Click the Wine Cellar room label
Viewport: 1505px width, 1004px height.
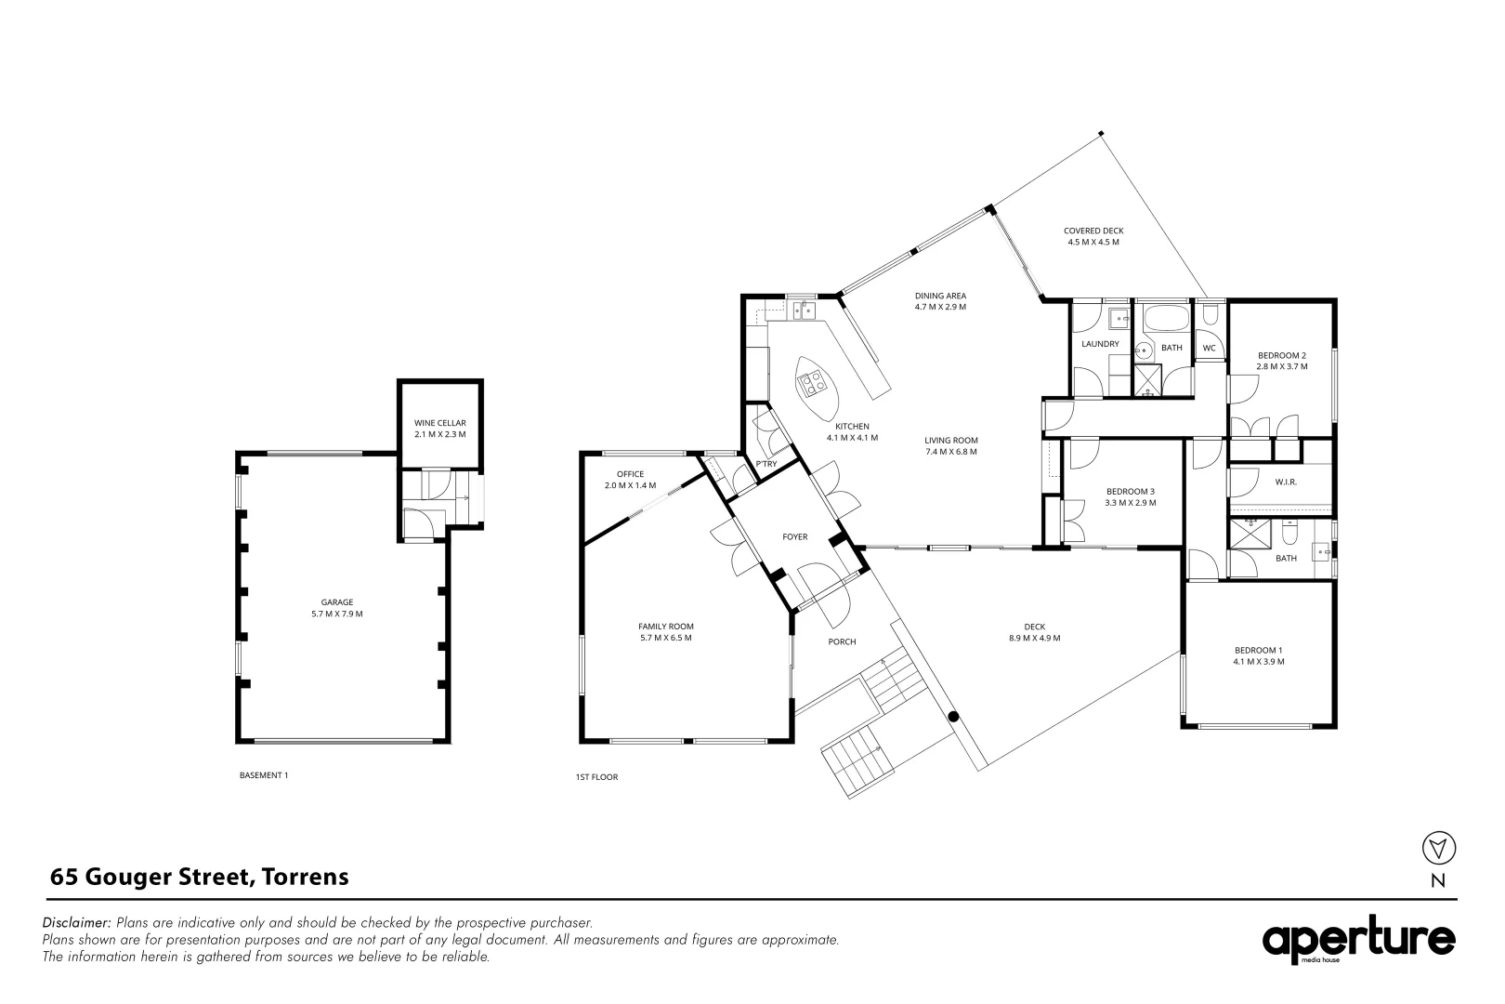pyautogui.click(x=439, y=423)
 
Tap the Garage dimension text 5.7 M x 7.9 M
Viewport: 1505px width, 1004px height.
pyautogui.click(x=337, y=614)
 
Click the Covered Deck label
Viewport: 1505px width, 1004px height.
pyautogui.click(x=1093, y=231)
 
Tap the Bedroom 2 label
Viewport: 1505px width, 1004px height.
pyautogui.click(x=1282, y=355)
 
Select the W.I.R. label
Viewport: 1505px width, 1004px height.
pyautogui.click(x=1286, y=482)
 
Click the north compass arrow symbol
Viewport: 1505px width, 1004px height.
pyautogui.click(x=1438, y=847)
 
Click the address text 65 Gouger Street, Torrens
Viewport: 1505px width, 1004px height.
pyautogui.click(x=200, y=877)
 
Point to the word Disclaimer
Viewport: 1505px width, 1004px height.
pyautogui.click(x=77, y=923)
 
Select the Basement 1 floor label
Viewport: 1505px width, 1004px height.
pyautogui.click(x=264, y=774)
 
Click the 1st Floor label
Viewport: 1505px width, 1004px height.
pyautogui.click(x=596, y=776)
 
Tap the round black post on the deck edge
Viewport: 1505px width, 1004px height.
pyautogui.click(x=953, y=717)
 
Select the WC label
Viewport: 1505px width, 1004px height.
pyautogui.click(x=1209, y=349)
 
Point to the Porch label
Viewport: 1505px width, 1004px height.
pyautogui.click(x=842, y=641)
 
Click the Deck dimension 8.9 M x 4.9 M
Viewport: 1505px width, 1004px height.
pyautogui.click(x=1035, y=638)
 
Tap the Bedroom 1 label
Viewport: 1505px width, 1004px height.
pyautogui.click(x=1258, y=650)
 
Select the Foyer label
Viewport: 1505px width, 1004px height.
pyautogui.click(x=794, y=536)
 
